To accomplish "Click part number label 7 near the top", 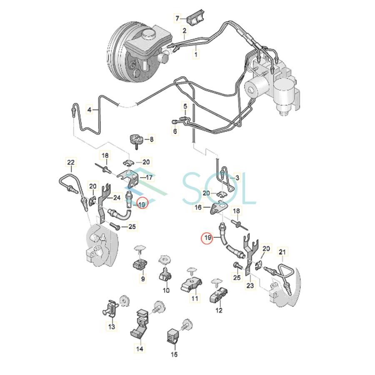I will [x=177, y=18].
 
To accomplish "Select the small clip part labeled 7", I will [x=195, y=20].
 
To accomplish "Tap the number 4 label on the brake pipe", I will [x=89, y=110].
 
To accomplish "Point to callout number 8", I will [x=152, y=140].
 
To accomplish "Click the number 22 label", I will [x=70, y=162].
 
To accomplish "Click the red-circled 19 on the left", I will [x=142, y=204].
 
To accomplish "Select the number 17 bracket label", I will [x=149, y=177].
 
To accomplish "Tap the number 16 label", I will [x=198, y=207].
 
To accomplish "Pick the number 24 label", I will [x=117, y=197].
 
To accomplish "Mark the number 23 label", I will [x=250, y=286].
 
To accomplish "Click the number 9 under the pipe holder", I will [x=143, y=279].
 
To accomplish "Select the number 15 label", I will [x=174, y=354].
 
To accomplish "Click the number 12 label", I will [x=219, y=310].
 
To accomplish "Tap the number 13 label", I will [x=112, y=327].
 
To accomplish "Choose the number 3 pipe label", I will [x=237, y=178].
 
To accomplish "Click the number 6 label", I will [x=175, y=132].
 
